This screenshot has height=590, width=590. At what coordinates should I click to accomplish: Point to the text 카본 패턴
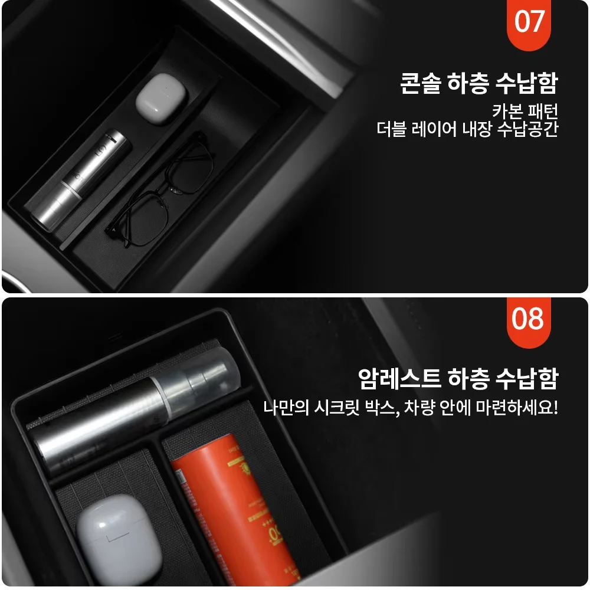click(x=525, y=111)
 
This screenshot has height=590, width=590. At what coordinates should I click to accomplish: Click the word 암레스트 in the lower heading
click(x=399, y=378)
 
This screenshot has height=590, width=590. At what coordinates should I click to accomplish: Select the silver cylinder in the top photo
click(x=80, y=180)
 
